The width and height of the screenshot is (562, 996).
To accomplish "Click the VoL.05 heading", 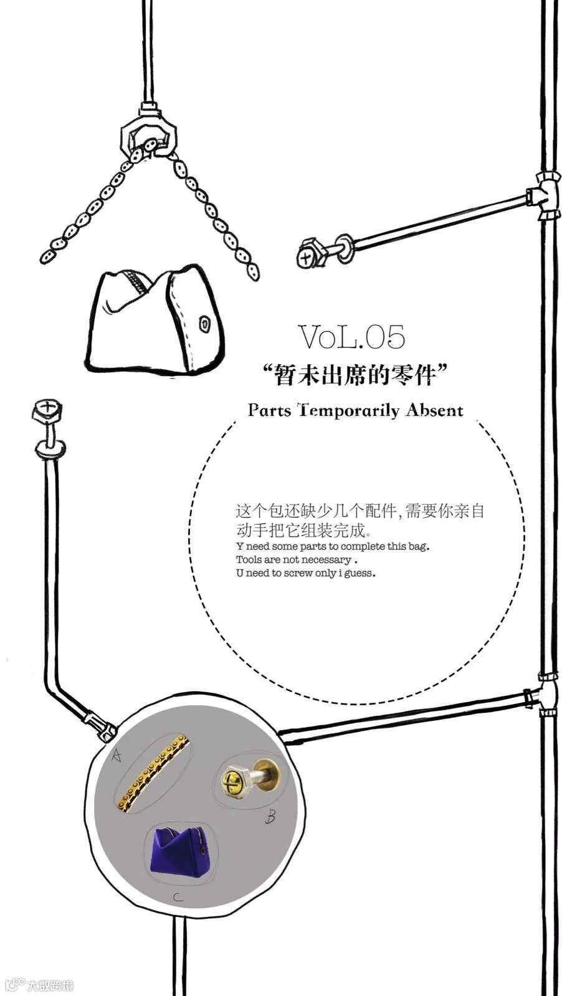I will (x=352, y=337).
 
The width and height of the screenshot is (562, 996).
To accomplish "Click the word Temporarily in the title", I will (x=349, y=410).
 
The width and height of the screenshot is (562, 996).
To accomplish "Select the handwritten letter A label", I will (x=116, y=756).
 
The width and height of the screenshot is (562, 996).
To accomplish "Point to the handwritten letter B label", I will (x=270, y=815).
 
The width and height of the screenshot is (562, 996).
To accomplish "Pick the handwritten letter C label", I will (x=178, y=897).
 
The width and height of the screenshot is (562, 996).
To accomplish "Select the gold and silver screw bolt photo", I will (x=249, y=779).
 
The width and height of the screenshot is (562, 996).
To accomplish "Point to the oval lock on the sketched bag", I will (x=204, y=324).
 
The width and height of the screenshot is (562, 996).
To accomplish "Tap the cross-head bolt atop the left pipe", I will (x=47, y=410).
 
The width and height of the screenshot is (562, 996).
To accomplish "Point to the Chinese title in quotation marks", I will (x=356, y=375).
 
